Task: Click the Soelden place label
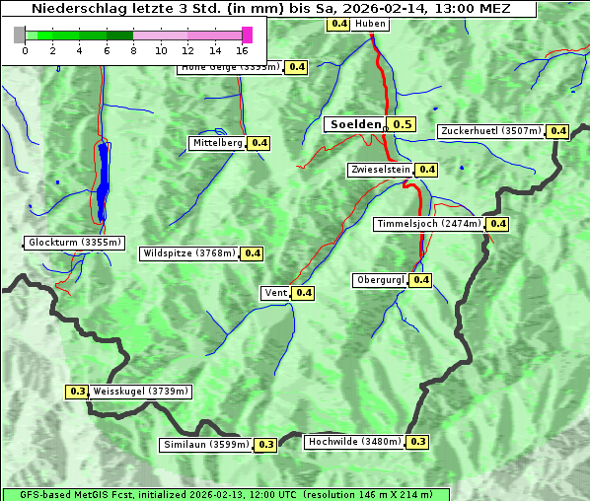tap(355, 124)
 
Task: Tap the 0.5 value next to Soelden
tap(402, 124)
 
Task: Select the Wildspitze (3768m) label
tap(189, 253)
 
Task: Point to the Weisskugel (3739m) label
tap(140, 392)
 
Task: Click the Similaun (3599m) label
tap(205, 445)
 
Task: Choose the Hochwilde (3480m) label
tap(354, 442)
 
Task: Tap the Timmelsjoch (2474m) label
tap(429, 224)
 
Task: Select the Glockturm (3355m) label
tap(75, 243)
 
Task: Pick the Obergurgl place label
tap(380, 280)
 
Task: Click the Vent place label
tap(275, 293)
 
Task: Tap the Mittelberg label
tap(217, 143)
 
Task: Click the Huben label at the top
tap(370, 24)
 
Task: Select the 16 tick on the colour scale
tap(242, 49)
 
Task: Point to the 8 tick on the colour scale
tap(133, 49)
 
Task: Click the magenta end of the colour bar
tap(247, 35)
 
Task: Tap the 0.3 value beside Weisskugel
tap(77, 392)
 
